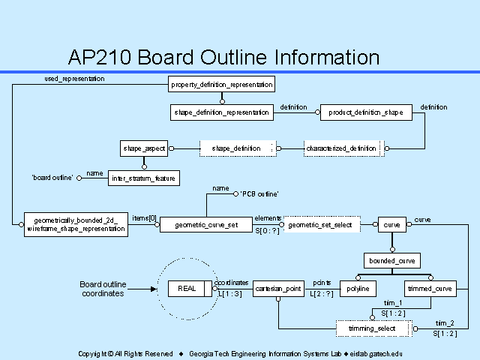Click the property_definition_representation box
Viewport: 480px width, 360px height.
pyautogui.click(x=221, y=84)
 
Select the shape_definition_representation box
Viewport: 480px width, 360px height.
pyautogui.click(x=221, y=112)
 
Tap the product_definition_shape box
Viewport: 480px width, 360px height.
pyautogui.click(x=366, y=112)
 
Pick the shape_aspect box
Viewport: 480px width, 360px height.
pyautogui.click(x=144, y=148)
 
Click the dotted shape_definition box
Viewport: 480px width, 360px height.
pyautogui.click(x=237, y=148)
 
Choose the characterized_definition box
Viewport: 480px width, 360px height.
pyautogui.click(x=342, y=148)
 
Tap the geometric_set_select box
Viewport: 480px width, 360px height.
pyautogui.click(x=320, y=223)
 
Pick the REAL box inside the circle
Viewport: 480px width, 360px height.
pyautogui.click(x=185, y=288)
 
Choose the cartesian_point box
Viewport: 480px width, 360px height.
pyautogui.click(x=277, y=288)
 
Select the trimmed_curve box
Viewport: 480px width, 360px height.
pyautogui.click(x=430, y=288)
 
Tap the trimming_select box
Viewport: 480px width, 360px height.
pyautogui.click(x=373, y=328)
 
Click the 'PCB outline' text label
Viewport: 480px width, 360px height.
pyautogui.click(x=259, y=194)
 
